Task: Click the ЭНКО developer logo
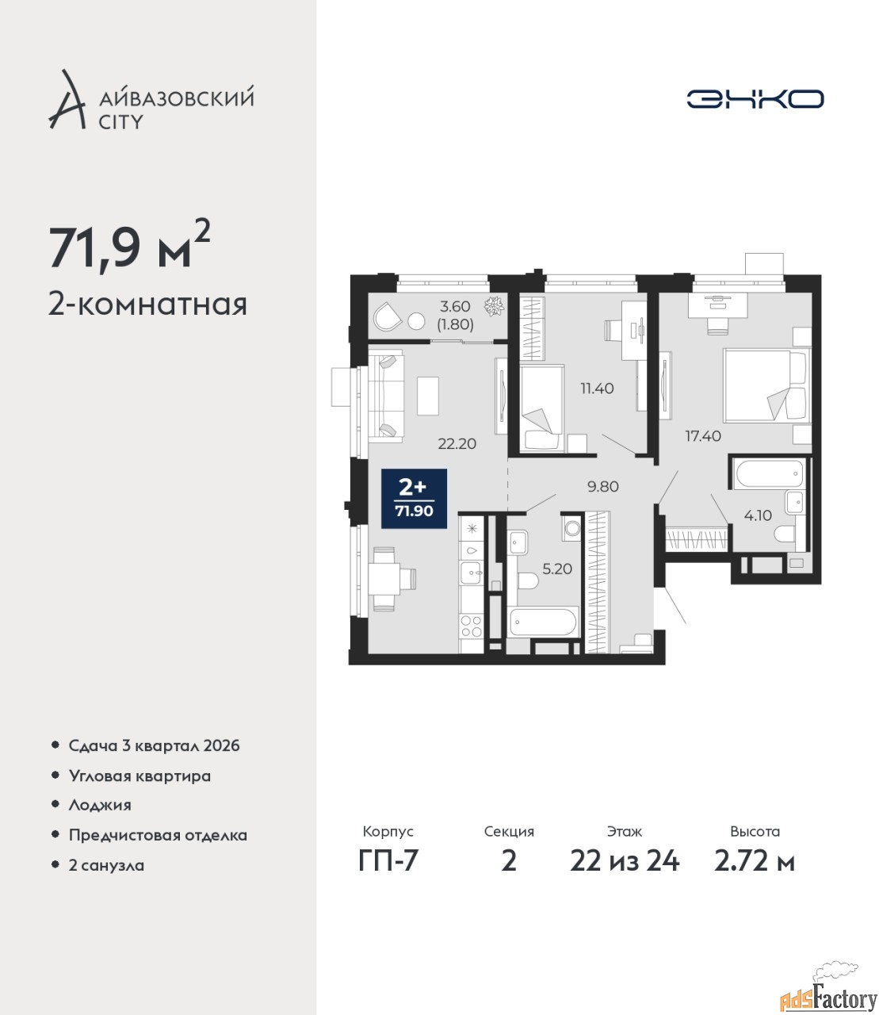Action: click(755, 98)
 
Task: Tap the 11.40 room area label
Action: click(597, 389)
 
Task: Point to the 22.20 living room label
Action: click(457, 444)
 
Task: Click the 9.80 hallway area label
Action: click(603, 487)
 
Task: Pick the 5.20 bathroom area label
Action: click(557, 569)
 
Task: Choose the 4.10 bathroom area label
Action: click(758, 515)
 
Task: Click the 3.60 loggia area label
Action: click(455, 307)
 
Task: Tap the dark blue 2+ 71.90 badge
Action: click(415, 499)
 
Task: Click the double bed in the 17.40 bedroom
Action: click(766, 385)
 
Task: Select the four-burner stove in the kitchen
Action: click(471, 626)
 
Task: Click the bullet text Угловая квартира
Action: click(139, 776)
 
